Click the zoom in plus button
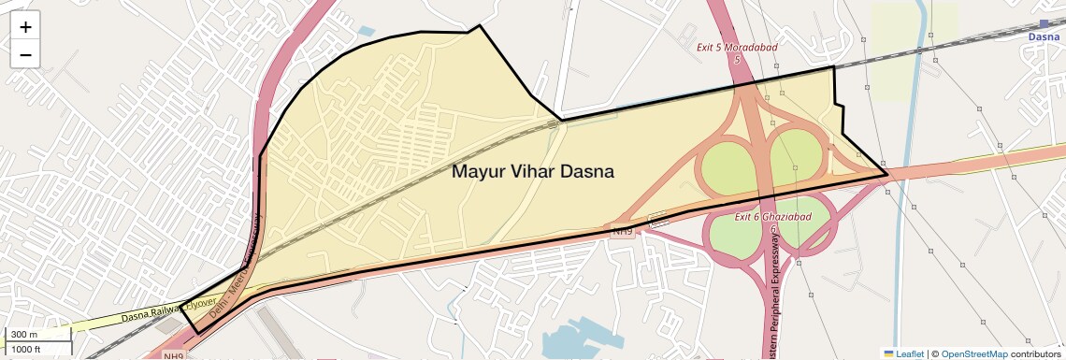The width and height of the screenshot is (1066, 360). pos(25,27)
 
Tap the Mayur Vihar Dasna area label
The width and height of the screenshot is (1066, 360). pos(533,172)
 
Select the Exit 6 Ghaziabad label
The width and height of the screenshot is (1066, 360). pos(772,217)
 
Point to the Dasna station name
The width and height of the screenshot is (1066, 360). pos(1044,37)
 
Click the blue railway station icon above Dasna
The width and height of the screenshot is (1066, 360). pos(1044,24)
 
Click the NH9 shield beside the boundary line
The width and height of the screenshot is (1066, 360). pos(623,230)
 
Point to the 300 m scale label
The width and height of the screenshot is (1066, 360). pos(23,335)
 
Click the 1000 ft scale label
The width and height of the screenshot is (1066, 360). pos(27,349)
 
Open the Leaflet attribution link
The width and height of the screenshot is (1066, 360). pos(904,353)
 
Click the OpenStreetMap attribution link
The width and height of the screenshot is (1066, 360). pos(973,353)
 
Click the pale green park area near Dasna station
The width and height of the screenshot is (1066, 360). pos(915,37)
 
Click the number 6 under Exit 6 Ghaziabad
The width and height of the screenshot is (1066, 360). pos(773,228)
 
